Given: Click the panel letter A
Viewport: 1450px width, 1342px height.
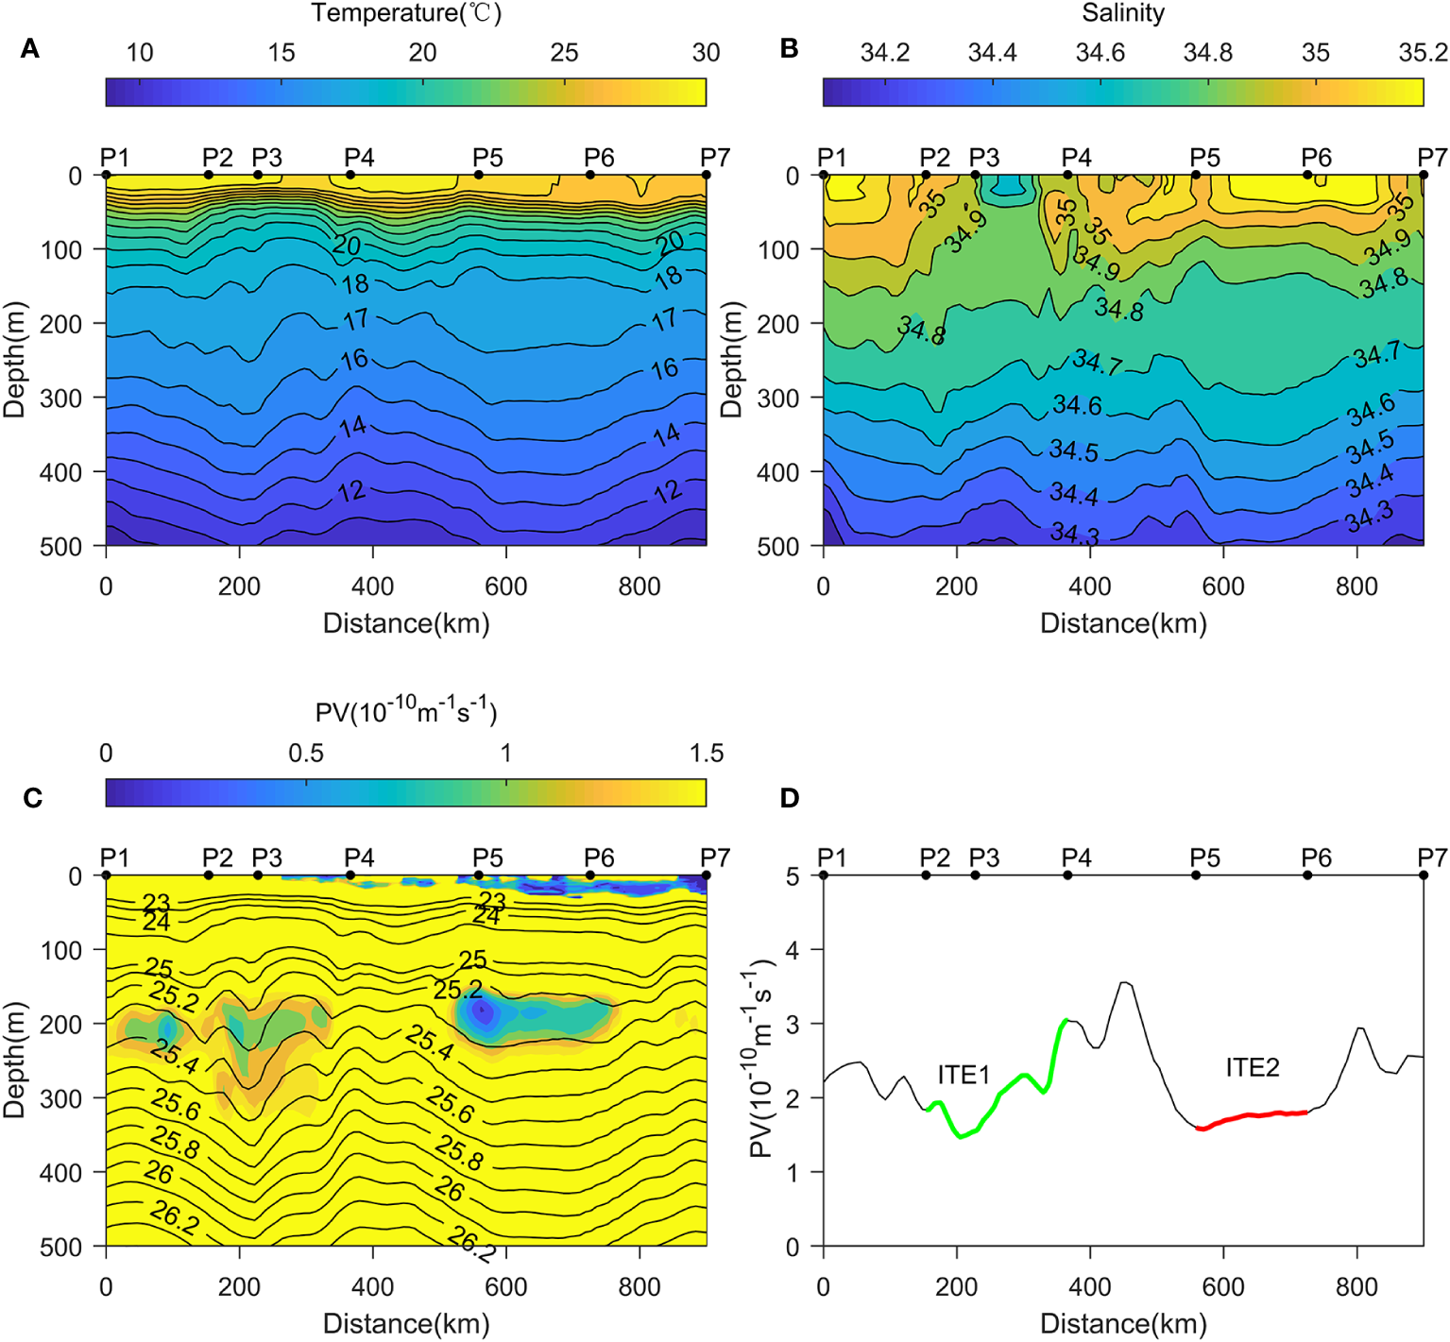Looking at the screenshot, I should click(30, 49).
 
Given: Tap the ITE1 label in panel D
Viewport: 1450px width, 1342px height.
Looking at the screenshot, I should click(964, 1075).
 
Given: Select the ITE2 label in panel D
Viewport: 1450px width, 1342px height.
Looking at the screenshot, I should click(1252, 1067).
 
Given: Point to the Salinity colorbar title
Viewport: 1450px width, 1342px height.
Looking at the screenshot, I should click(1122, 13).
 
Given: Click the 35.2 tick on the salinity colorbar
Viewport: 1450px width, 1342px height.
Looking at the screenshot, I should click(1422, 53).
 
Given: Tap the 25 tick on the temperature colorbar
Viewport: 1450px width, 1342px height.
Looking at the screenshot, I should click(564, 53).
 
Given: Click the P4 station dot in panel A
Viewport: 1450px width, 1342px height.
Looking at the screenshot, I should click(350, 175).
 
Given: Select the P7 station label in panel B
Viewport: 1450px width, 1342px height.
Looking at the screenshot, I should click(1432, 157).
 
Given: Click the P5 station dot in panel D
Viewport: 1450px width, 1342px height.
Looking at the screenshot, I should click(1196, 875).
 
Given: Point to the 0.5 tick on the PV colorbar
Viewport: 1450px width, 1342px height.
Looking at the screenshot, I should click(305, 754).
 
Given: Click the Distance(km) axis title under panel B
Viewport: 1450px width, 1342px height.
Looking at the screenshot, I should click(1123, 623).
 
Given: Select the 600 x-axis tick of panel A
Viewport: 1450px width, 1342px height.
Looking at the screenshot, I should click(505, 586).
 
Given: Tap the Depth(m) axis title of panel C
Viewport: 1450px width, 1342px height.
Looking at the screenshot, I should click(14, 1060).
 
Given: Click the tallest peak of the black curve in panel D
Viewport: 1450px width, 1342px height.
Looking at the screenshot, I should click(1124, 983).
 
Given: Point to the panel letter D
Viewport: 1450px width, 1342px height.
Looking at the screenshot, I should click(790, 798).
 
